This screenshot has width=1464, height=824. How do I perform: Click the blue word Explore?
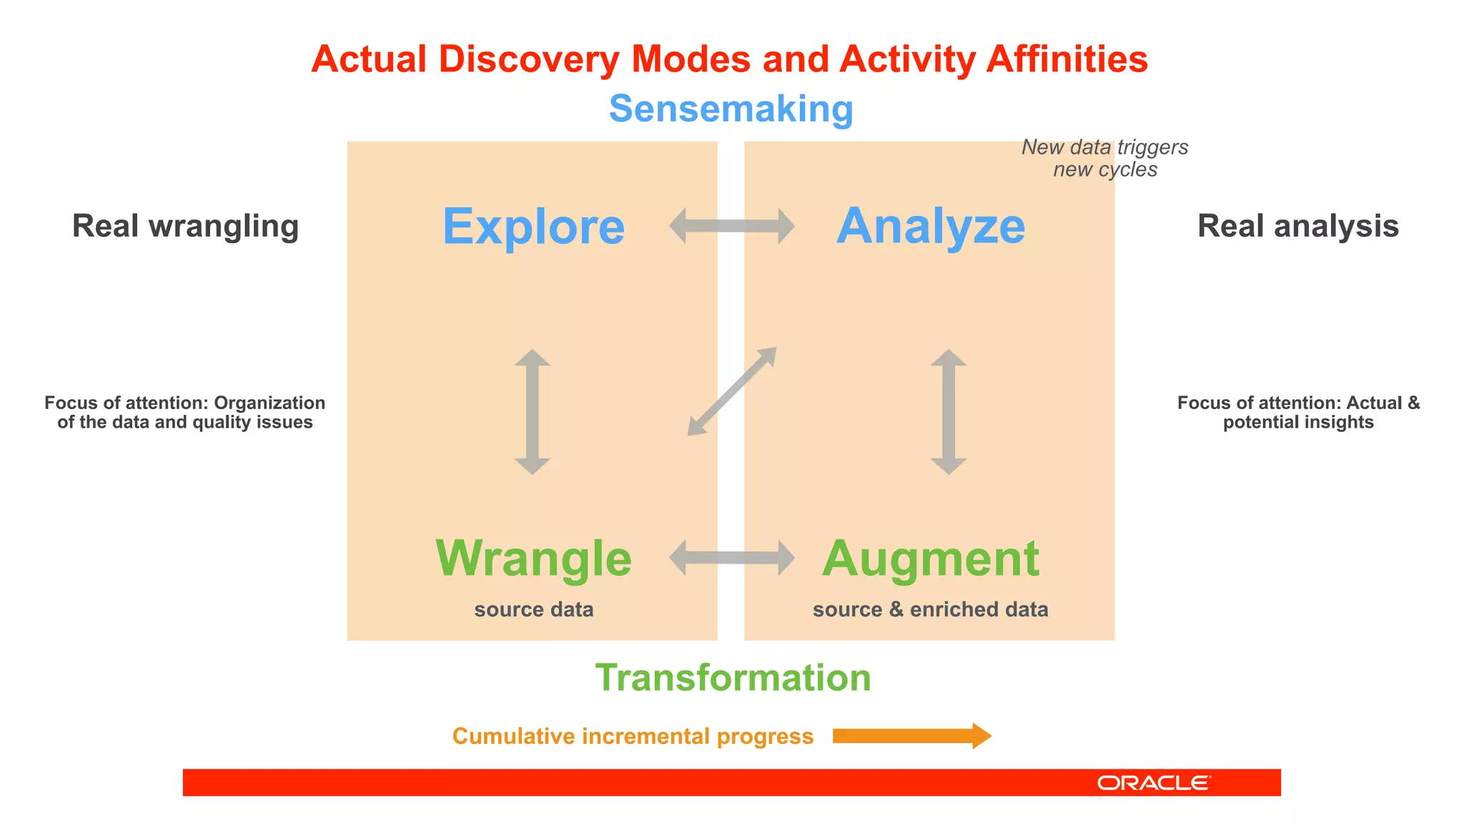click(x=533, y=227)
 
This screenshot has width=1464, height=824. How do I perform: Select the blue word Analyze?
click(x=931, y=226)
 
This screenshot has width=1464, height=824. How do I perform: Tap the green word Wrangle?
click(x=533, y=559)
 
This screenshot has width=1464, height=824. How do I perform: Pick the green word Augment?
click(x=931, y=559)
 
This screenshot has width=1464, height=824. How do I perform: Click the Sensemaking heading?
click(x=731, y=109)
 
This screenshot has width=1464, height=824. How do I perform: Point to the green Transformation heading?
click(x=733, y=677)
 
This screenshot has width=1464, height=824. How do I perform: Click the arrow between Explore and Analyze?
click(x=731, y=226)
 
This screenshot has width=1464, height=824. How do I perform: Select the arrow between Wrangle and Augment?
click(x=731, y=558)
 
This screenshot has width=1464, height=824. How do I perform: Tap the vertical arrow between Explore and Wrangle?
click(x=533, y=412)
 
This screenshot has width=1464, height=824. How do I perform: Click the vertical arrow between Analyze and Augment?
click(x=949, y=412)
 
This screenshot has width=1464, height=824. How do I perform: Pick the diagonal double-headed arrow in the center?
click(x=732, y=391)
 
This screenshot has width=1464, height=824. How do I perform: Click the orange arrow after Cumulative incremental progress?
click(x=911, y=736)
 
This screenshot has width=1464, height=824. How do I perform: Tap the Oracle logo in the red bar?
click(x=1153, y=783)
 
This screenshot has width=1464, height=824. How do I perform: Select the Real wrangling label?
click(x=185, y=226)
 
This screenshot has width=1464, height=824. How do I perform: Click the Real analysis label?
click(x=1297, y=226)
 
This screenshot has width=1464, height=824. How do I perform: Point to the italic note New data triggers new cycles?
click(x=1104, y=158)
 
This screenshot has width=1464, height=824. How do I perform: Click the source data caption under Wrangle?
click(x=533, y=609)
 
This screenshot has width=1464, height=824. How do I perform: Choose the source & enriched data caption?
click(x=930, y=609)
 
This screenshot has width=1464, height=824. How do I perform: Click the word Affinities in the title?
click(x=1067, y=59)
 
